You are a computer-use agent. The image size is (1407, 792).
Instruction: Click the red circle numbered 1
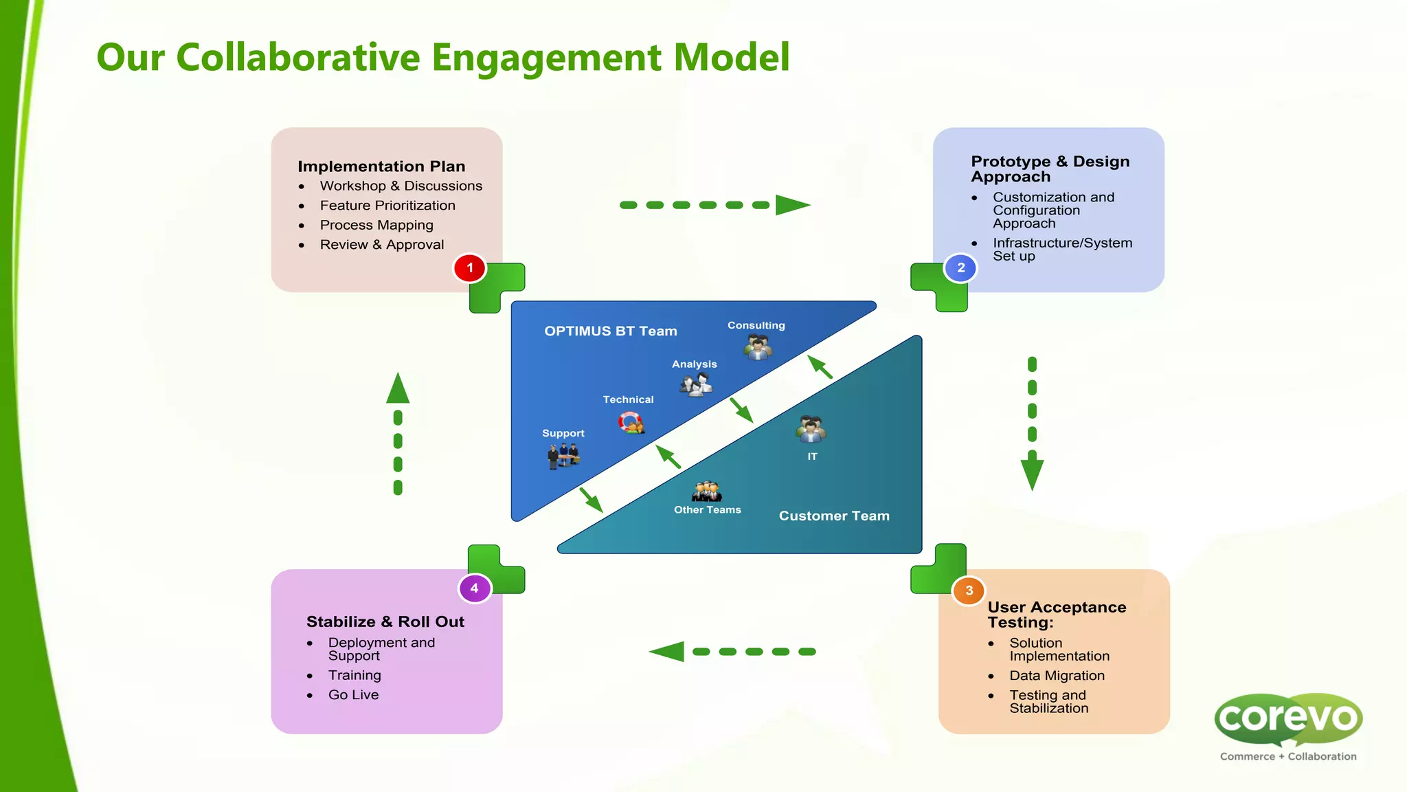470,268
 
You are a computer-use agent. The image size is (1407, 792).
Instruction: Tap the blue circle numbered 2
960,268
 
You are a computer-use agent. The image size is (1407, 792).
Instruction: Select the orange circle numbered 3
969,591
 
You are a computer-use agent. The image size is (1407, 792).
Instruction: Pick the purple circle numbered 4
475,588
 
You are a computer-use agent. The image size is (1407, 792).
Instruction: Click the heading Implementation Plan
381,166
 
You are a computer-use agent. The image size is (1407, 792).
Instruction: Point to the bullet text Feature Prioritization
387,206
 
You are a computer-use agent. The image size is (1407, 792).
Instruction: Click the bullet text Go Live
353,695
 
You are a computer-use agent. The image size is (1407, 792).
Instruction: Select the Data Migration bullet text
1057,676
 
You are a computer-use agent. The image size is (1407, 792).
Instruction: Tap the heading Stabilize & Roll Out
385,621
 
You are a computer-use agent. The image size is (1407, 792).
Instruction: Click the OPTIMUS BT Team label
611,331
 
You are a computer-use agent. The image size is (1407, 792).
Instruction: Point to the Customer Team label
834,516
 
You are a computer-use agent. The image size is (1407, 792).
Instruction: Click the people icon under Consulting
758,346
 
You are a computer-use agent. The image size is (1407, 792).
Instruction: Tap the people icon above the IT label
811,430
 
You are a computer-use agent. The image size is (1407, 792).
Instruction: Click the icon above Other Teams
707,492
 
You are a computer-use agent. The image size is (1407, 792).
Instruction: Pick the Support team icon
563,455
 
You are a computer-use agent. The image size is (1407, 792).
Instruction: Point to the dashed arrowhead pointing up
398,389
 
